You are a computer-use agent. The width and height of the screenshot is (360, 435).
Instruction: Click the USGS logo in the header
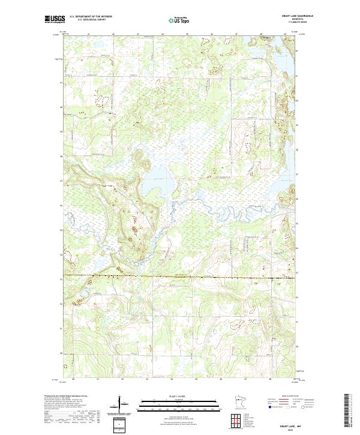pyautogui.click(x=54, y=19)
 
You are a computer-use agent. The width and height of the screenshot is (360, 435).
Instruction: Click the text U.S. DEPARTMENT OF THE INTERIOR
pyautogui.click(x=90, y=17)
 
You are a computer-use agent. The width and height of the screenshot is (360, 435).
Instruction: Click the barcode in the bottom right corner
pyautogui.click(x=349, y=410)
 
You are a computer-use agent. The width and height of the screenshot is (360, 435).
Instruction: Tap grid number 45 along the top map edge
pyautogui.click(x=187, y=34)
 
